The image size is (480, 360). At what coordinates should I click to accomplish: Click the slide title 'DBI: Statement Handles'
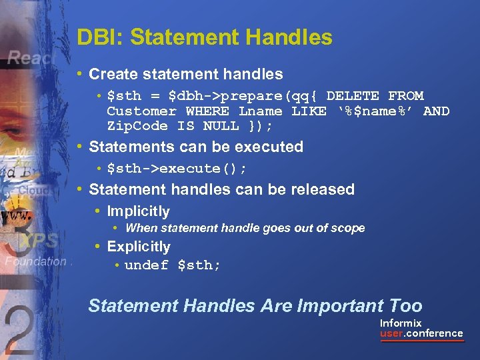pyautogui.click(x=204, y=37)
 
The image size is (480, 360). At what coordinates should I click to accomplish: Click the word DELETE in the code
pyautogui.click(x=353, y=96)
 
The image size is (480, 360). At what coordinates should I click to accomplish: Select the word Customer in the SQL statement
pyautogui.click(x=141, y=111)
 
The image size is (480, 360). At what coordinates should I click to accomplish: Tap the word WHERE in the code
pyautogui.click(x=207, y=111)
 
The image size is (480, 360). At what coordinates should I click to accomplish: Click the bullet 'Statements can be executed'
pyautogui.click(x=195, y=147)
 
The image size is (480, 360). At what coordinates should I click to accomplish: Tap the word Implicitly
pyautogui.click(x=138, y=211)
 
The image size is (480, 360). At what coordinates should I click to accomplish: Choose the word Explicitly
pyautogui.click(x=139, y=247)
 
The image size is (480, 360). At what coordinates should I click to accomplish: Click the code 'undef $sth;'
pyautogui.click(x=173, y=265)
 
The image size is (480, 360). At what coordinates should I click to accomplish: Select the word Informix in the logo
pyautogui.click(x=401, y=323)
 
